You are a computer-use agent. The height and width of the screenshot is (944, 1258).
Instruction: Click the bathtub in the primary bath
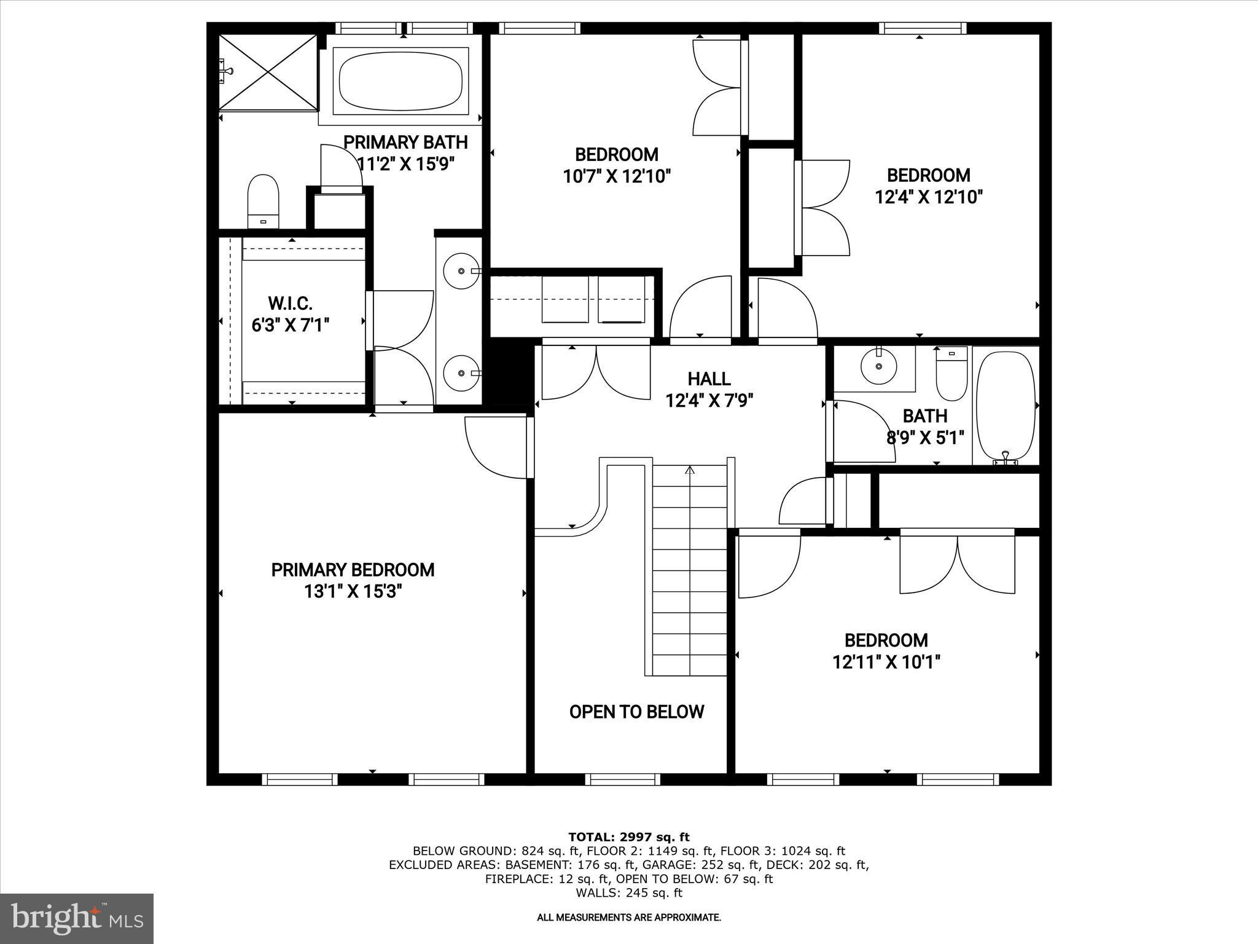pyautogui.click(x=400, y=81)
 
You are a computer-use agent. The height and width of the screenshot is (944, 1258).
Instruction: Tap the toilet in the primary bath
pyautogui.click(x=264, y=201)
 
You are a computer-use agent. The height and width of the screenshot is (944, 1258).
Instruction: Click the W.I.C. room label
pyautogui.click(x=291, y=303)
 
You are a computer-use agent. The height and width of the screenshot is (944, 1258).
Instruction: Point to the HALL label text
pyautogui.click(x=709, y=379)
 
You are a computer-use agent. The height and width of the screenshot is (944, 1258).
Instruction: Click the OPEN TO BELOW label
pyautogui.click(x=636, y=712)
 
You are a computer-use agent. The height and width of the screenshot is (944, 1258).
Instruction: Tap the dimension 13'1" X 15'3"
pyautogui.click(x=353, y=592)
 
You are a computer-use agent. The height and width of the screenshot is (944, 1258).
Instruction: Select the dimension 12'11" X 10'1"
pyautogui.click(x=886, y=663)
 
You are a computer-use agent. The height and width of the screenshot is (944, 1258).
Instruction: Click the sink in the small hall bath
pyautogui.click(x=879, y=366)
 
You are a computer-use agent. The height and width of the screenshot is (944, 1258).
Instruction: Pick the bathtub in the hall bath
pyautogui.click(x=1005, y=406)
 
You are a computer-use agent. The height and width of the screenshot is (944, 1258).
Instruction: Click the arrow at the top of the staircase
pyautogui.click(x=689, y=471)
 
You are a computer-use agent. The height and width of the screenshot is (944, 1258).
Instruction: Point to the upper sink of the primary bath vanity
pyautogui.click(x=461, y=270)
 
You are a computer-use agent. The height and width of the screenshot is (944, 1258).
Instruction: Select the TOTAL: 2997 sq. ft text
pyautogui.click(x=628, y=837)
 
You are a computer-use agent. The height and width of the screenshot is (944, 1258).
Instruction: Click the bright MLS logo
pyautogui.click(x=77, y=918)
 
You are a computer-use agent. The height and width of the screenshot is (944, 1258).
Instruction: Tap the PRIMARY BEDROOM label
pyautogui.click(x=353, y=570)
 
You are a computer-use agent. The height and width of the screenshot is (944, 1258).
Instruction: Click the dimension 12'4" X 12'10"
pyautogui.click(x=928, y=197)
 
